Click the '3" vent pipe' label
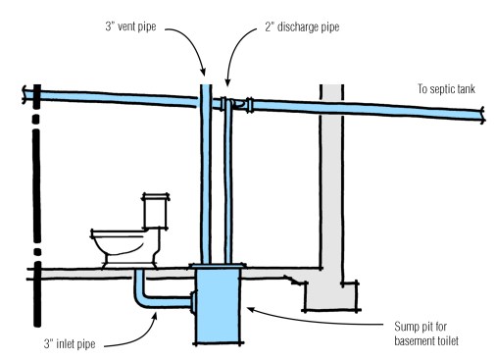[130, 26]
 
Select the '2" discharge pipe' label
[302, 26]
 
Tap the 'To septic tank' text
[446, 89]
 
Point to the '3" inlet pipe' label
[70, 344]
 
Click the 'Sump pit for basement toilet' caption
[426, 334]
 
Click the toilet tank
[156, 211]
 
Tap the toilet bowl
[124, 247]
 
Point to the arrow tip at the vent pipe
[204, 75]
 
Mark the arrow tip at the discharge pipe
[227, 84]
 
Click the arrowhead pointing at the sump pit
[248, 308]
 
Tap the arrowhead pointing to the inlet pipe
[156, 314]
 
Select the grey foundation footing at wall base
[332, 295]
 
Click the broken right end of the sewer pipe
[483, 116]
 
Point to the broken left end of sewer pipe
[25, 94]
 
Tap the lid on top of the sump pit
[219, 266]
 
